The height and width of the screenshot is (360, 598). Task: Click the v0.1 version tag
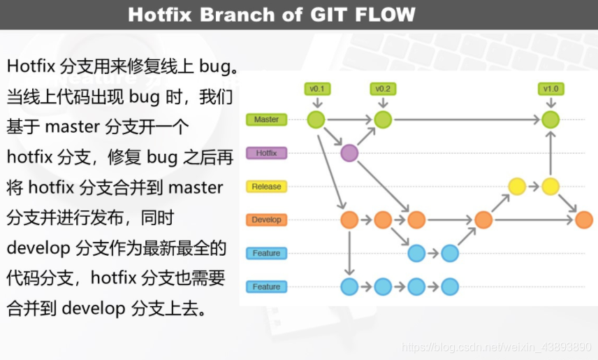pyautogui.click(x=316, y=89)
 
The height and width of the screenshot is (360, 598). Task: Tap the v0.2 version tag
pyautogui.click(x=383, y=89)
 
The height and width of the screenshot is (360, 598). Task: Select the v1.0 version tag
pyautogui.click(x=550, y=89)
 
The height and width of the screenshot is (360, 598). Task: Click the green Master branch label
pyautogui.click(x=266, y=120)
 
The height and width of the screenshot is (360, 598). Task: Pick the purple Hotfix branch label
pyautogui.click(x=266, y=153)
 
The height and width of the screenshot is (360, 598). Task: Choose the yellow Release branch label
pyautogui.click(x=266, y=187)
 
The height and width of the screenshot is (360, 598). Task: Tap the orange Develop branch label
pyautogui.click(x=266, y=219)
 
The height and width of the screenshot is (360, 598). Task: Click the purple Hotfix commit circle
pyautogui.click(x=349, y=153)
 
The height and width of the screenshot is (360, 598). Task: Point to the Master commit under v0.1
pyautogui.click(x=316, y=120)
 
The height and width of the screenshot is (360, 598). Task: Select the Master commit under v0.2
pyautogui.click(x=383, y=120)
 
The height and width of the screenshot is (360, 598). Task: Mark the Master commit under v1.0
pyautogui.click(x=550, y=120)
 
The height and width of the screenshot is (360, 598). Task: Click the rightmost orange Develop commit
pyautogui.click(x=584, y=219)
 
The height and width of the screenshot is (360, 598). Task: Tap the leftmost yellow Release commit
pyautogui.click(x=517, y=187)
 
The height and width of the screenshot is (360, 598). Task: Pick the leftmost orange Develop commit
pyautogui.click(x=349, y=219)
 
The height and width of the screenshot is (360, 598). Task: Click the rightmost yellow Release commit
pyautogui.click(x=550, y=187)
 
